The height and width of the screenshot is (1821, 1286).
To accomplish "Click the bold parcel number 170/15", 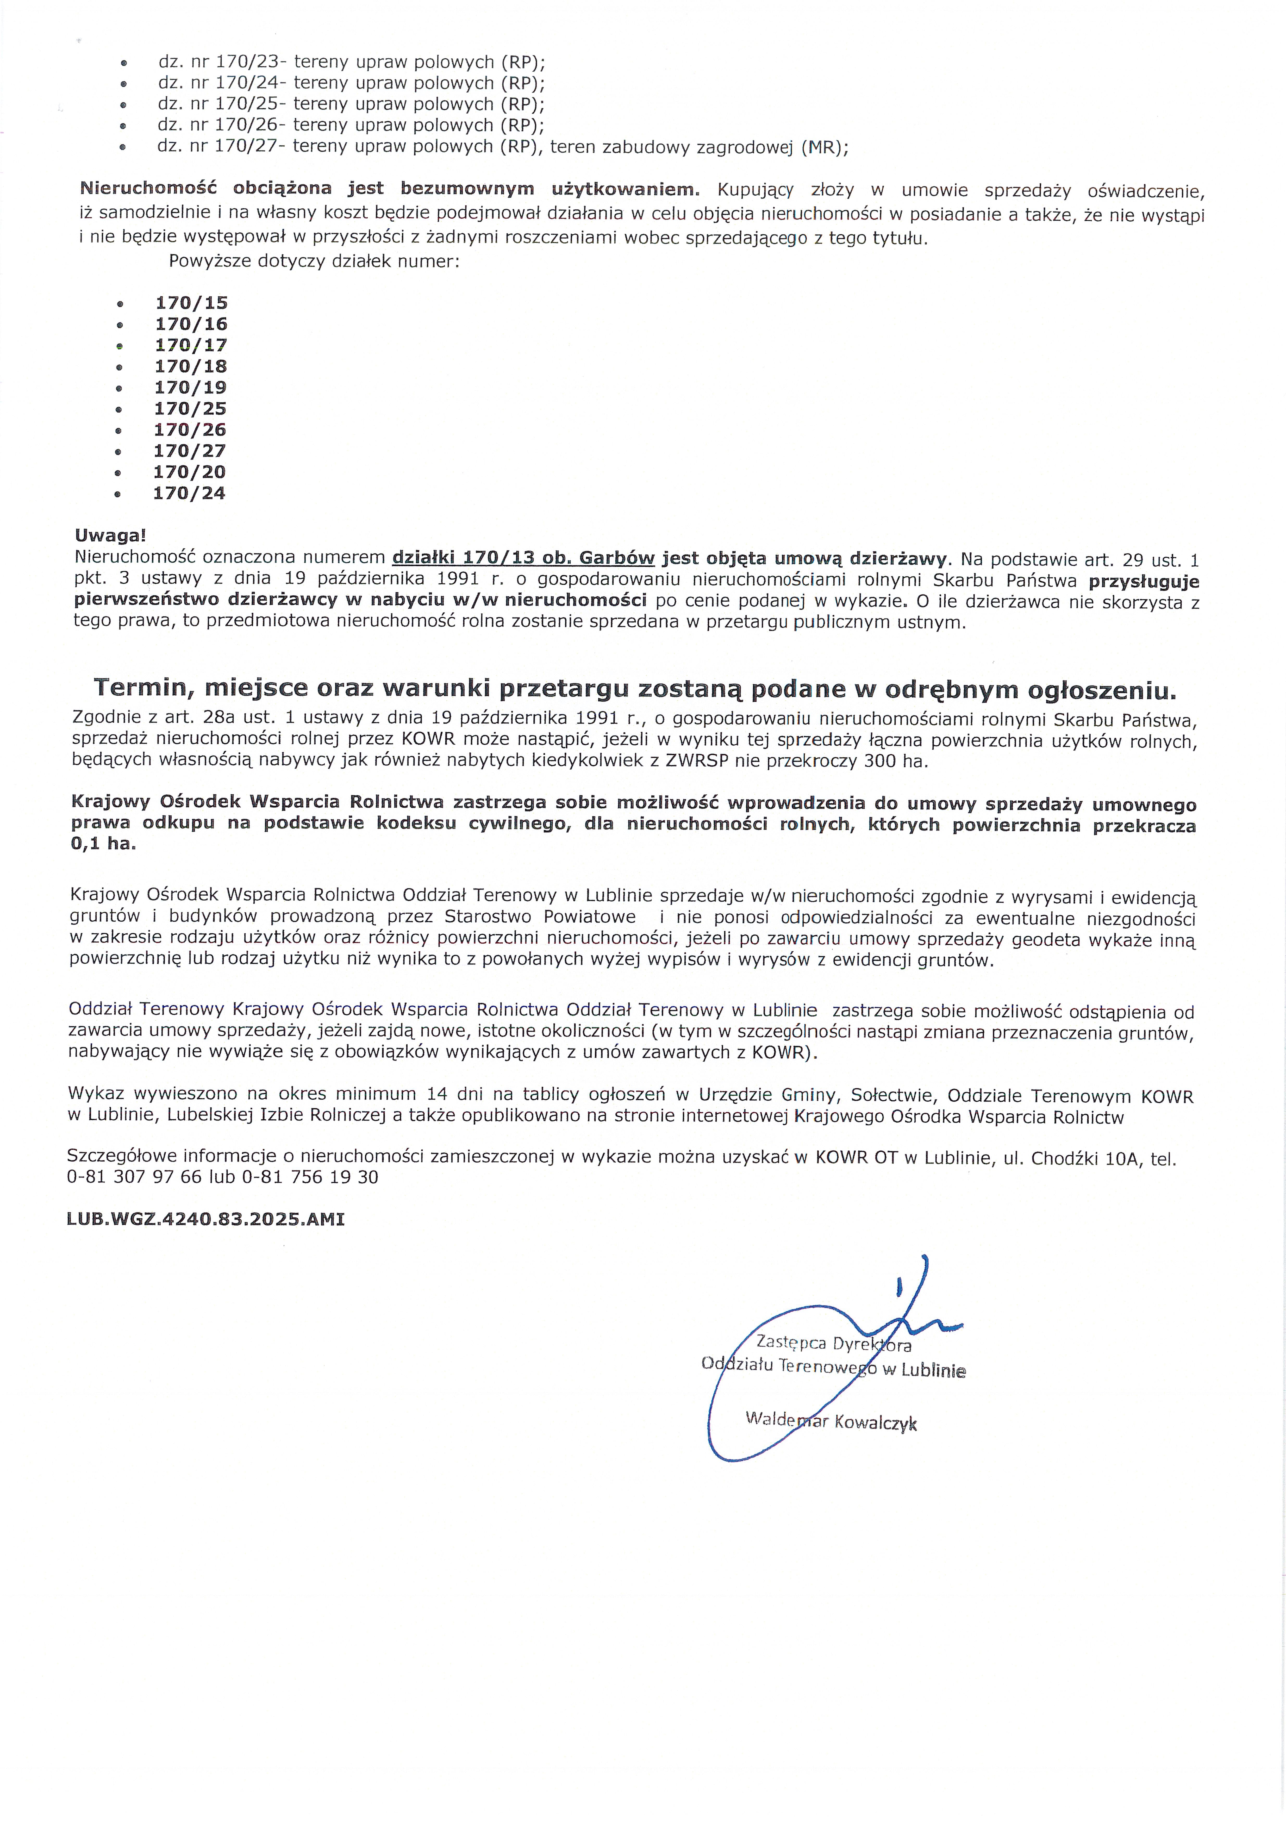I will pyautogui.click(x=191, y=303).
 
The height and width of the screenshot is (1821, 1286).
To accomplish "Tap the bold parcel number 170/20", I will pyautogui.click(x=190, y=472).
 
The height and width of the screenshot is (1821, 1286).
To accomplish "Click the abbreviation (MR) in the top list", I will pyautogui.click(x=825, y=147).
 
